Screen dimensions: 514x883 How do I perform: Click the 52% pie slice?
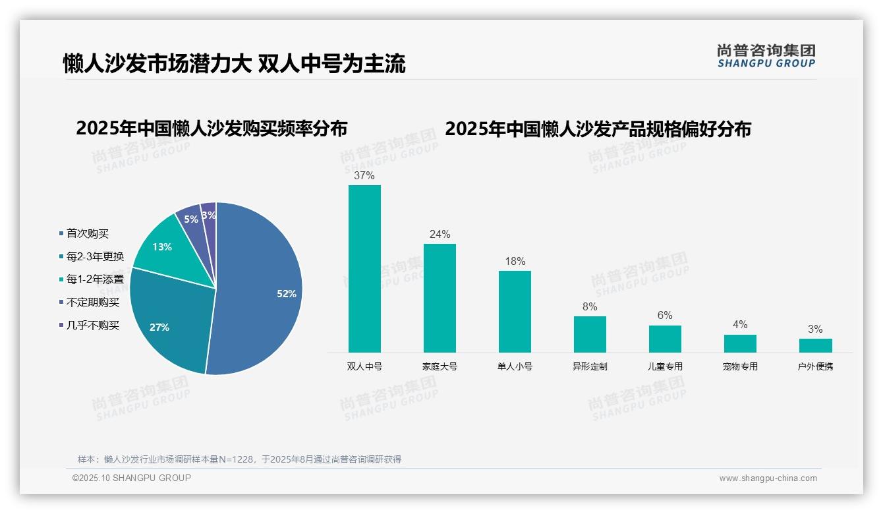click(x=264, y=290)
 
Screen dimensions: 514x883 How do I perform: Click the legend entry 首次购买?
click(x=87, y=233)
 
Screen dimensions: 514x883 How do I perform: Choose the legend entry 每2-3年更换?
click(x=94, y=256)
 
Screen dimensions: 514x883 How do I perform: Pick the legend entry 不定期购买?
click(x=92, y=302)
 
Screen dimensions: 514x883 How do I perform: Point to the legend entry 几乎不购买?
click(x=92, y=326)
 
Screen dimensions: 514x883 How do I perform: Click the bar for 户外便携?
click(x=815, y=345)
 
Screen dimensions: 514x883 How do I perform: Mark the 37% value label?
click(x=364, y=176)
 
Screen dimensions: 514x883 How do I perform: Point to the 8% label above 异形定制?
click(x=590, y=307)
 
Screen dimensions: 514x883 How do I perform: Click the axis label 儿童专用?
click(x=665, y=366)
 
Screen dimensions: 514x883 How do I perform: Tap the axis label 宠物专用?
click(x=740, y=366)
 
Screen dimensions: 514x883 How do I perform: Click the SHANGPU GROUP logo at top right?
click(x=766, y=56)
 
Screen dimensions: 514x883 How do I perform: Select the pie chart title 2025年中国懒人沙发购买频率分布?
click(x=212, y=128)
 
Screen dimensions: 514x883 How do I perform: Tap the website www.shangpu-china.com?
click(x=768, y=478)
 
